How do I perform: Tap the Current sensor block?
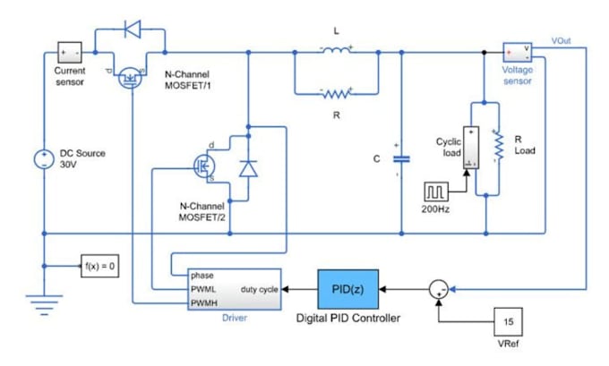[70, 51]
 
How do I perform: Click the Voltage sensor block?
[518, 50]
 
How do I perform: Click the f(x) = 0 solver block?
[96, 266]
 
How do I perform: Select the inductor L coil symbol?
[338, 50]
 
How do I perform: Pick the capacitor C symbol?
[400, 158]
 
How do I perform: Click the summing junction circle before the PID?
[436, 288]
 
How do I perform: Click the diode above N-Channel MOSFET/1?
[132, 29]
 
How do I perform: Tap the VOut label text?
[563, 41]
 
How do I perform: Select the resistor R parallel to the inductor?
[338, 92]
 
